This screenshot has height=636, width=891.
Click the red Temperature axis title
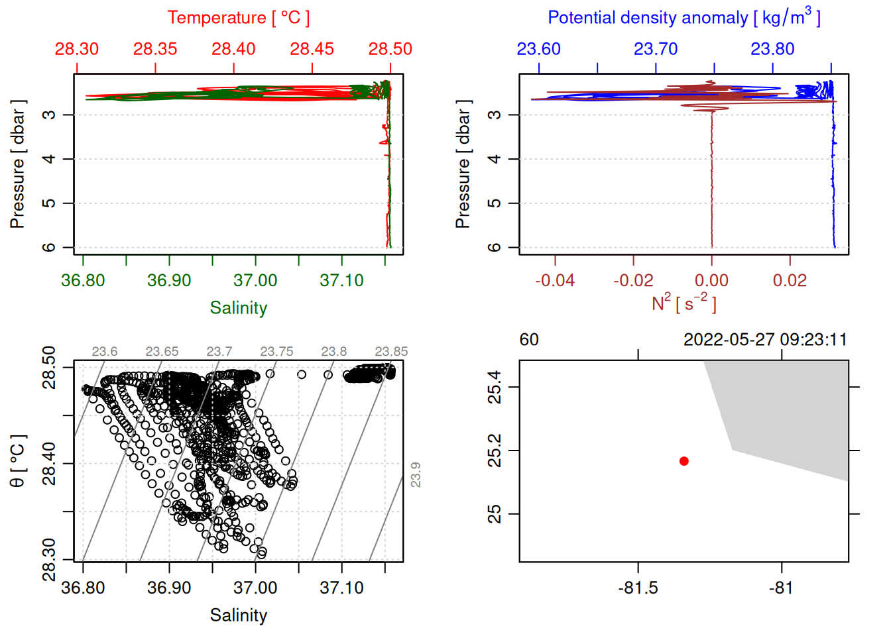[238, 18]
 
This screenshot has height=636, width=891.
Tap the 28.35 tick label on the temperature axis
[155, 49]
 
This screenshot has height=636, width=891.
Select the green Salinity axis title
[238, 308]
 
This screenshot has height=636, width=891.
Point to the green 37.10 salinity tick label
[341, 281]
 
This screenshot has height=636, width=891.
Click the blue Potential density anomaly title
[683, 18]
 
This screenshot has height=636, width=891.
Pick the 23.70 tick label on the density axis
[656, 49]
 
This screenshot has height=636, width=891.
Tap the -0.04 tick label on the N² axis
[555, 281]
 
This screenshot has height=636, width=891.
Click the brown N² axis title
[683, 303]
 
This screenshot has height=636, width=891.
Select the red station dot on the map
[684, 461]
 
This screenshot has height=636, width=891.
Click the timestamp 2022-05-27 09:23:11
[765, 340]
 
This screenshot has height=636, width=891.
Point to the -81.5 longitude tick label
[638, 588]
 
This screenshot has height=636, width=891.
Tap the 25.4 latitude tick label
[495, 387]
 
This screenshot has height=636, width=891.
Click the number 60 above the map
[529, 340]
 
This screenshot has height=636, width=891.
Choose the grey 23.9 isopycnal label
[416, 475]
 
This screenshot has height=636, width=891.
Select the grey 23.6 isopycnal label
[105, 352]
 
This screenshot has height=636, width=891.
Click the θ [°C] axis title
[18, 461]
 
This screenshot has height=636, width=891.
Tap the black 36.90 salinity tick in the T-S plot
[169, 588]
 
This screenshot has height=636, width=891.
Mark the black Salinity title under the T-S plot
[238, 615]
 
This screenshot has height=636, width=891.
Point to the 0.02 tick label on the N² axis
[790, 281]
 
